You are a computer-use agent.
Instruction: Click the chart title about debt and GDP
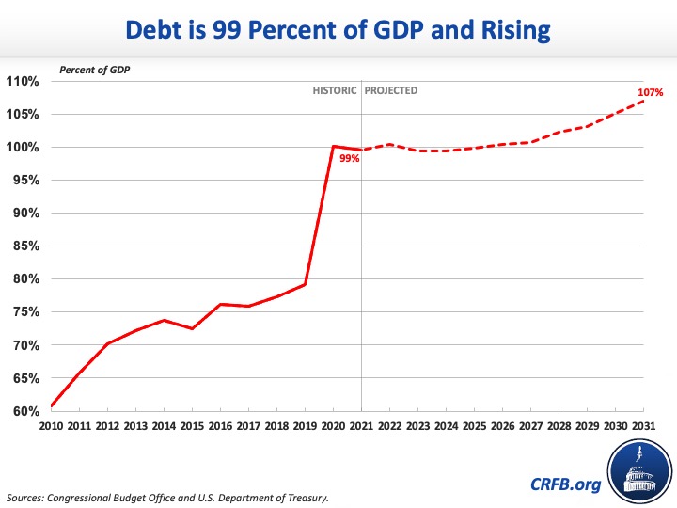338,30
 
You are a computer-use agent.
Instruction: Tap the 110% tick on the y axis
23,81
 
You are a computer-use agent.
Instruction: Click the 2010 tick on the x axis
52,426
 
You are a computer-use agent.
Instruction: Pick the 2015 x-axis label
192,426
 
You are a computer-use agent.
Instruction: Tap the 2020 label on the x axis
333,426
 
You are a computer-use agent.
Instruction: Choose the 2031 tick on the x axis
642,426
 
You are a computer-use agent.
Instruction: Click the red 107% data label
651,93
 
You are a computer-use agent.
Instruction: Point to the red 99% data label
350,159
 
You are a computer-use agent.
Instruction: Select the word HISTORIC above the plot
335,91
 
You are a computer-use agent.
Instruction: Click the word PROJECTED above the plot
392,91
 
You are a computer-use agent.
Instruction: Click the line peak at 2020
333,146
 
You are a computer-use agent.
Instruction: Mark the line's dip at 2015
192,328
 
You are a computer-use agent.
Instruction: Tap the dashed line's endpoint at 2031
643,101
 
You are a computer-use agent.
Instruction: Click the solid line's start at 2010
52,405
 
